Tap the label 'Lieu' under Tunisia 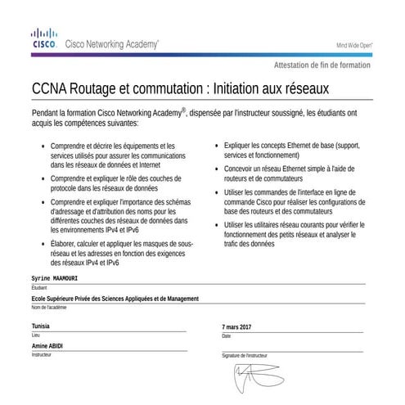35,335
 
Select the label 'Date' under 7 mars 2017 227,336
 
